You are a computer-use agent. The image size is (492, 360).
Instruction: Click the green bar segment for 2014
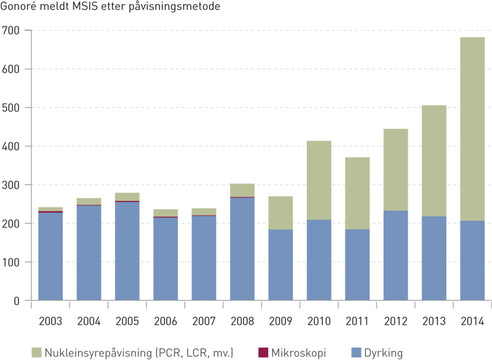pos(472,129)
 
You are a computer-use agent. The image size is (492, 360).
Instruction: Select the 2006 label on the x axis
pos(165,321)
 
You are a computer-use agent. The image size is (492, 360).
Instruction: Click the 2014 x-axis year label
pos(472,321)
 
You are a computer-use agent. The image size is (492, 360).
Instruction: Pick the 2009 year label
pos(280,321)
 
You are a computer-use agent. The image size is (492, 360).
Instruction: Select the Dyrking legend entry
pos(384,352)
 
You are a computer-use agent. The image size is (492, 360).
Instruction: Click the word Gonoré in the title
pos(20,8)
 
